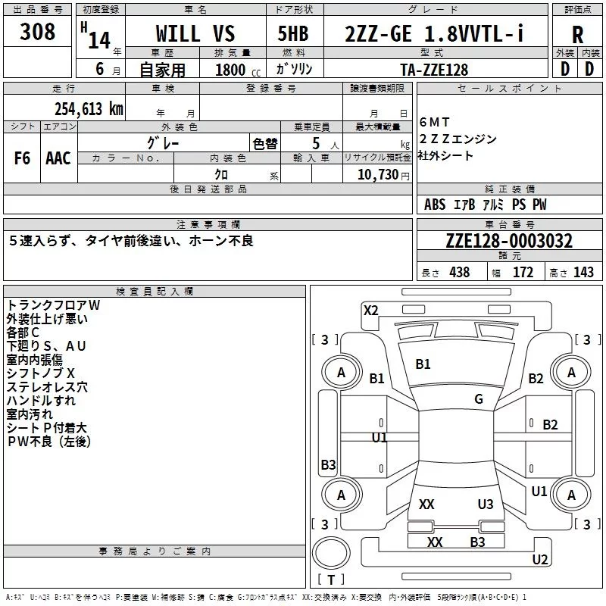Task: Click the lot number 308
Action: [37, 32]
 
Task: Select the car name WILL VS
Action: [195, 33]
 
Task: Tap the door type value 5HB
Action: [293, 33]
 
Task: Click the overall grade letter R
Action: [577, 35]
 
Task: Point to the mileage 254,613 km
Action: [89, 109]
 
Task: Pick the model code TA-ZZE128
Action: [434, 70]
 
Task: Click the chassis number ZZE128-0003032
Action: [509, 241]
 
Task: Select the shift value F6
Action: [22, 158]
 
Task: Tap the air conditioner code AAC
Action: [58, 158]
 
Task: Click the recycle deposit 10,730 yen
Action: [383, 175]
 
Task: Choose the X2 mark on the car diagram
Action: [370, 311]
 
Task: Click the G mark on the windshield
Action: [479, 398]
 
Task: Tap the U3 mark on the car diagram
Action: [486, 504]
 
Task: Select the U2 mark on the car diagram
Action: [540, 559]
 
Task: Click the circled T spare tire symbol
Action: [331, 553]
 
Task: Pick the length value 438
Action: [460, 272]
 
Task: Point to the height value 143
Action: [583, 272]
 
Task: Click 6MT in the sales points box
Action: [434, 122]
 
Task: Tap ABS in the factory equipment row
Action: [435, 205]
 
